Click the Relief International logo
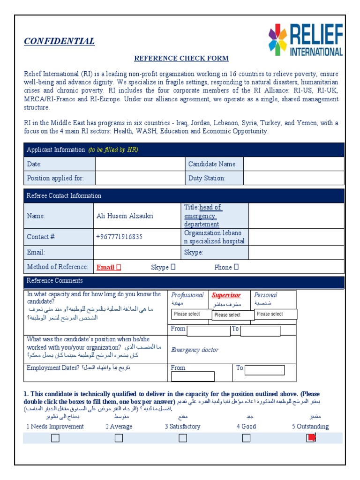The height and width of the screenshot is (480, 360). point(305,40)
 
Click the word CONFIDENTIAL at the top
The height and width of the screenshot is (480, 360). point(60,41)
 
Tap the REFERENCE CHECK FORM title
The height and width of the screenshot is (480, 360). point(181,59)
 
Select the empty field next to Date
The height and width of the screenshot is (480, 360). point(140,164)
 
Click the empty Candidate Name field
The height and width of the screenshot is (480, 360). point(293,164)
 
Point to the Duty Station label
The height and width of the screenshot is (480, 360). point(207,178)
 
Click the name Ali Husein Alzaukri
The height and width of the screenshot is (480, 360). point(125,216)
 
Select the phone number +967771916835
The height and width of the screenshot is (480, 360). point(119,237)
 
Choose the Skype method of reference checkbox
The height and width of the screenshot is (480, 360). point(173,267)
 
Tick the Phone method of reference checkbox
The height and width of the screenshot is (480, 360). point(236,267)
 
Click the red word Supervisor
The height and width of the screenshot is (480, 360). point(226,295)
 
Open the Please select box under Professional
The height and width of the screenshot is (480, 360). point(192,314)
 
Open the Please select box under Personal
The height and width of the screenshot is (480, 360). point(276,314)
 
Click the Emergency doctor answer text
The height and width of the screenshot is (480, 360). point(195,350)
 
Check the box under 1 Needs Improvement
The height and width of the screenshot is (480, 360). point(55,438)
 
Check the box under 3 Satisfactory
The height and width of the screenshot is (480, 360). point(182,438)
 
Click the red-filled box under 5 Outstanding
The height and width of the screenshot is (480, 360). point(310,438)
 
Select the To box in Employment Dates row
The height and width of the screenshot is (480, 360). point(264,370)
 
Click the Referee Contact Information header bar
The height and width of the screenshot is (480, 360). point(184,195)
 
